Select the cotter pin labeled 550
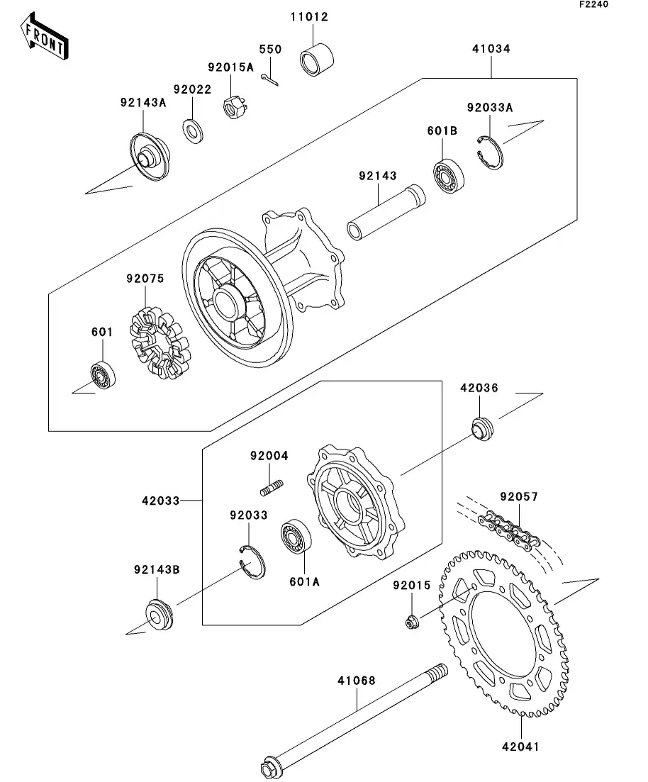(x=270, y=81)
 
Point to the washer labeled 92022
(x=192, y=130)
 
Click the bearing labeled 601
(x=103, y=374)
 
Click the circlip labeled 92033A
(x=488, y=151)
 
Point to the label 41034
(x=491, y=50)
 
